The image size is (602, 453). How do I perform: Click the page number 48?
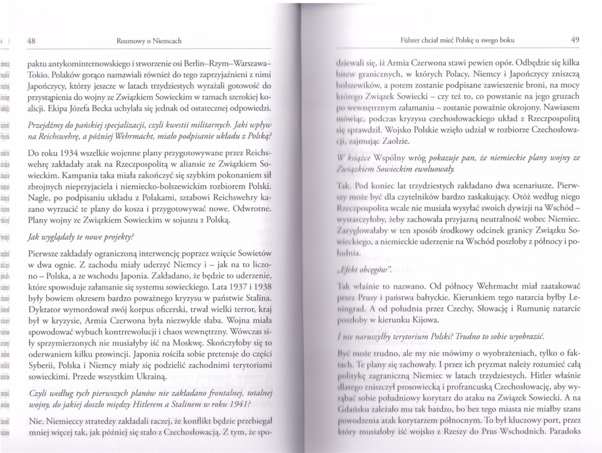click(x=32, y=41)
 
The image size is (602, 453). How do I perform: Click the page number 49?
click(x=575, y=40)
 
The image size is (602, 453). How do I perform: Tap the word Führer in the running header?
click(x=412, y=40)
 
